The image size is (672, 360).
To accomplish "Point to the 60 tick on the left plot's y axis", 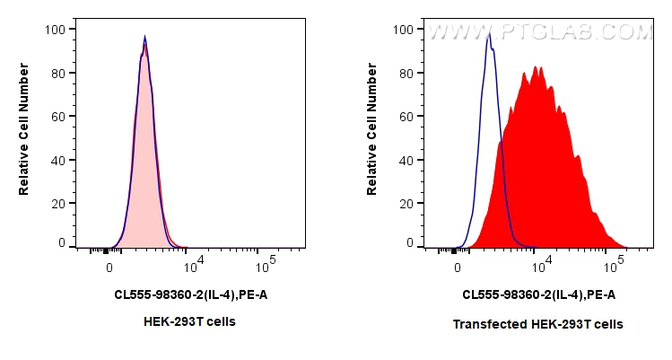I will coord(57,116).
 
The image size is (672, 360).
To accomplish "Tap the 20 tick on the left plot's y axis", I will coord(57,203).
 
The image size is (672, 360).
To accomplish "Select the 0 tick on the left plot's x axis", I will coord(109,267).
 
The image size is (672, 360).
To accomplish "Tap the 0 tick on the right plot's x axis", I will coord(458,267).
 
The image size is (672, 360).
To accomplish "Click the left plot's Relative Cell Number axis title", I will coord(24,136).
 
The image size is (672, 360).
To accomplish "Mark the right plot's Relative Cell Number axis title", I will coord(372,136).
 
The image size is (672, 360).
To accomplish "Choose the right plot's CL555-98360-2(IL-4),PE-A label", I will coord(538,294).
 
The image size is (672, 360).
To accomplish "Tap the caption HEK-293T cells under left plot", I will coord(189,321).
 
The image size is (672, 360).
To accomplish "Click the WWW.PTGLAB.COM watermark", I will coord(539,33).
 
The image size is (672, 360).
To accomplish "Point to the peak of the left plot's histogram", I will coord(144,38).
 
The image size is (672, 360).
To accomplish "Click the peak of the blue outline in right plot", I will coord(488,36).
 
